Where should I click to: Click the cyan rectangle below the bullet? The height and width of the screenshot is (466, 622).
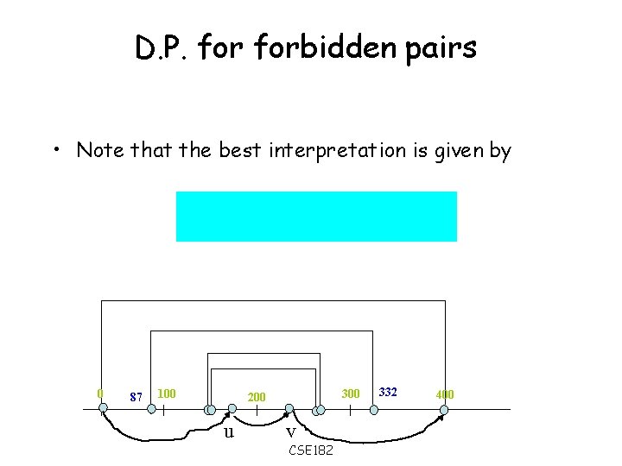(x=316, y=217)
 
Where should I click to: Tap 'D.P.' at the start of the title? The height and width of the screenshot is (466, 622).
(x=162, y=49)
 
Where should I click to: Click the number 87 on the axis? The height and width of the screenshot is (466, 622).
(x=136, y=397)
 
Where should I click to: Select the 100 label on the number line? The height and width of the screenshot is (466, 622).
(x=168, y=394)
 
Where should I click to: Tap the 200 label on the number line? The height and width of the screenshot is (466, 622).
(x=257, y=397)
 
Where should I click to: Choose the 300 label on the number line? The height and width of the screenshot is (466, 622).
(x=350, y=394)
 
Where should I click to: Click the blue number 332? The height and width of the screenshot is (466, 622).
(x=388, y=393)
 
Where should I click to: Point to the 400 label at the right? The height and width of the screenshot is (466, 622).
(x=444, y=395)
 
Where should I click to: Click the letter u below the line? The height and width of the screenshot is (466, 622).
(x=228, y=431)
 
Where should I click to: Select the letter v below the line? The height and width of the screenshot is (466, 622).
(x=290, y=431)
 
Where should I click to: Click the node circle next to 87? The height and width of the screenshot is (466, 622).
(x=152, y=410)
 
